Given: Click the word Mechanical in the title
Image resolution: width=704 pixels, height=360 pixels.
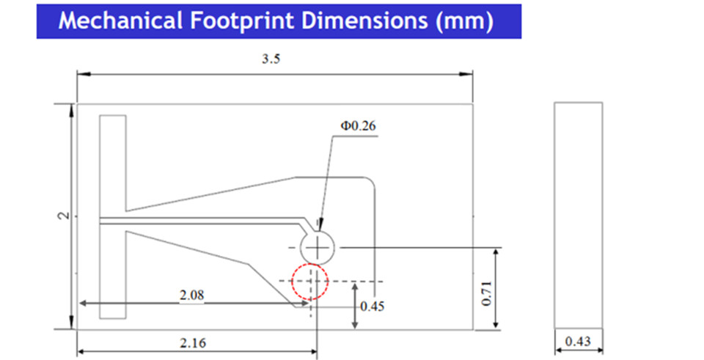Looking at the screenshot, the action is pos(120,21).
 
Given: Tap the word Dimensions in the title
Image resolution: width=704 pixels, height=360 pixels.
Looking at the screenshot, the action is pos(364,21).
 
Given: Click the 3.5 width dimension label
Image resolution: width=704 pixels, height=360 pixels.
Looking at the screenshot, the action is pos(271,59).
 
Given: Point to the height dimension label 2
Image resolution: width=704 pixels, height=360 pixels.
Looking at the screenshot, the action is pos(65,216).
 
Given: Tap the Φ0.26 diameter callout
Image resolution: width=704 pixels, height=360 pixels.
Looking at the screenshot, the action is pos(358,126).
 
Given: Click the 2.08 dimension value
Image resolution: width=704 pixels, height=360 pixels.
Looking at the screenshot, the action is pos(191,295).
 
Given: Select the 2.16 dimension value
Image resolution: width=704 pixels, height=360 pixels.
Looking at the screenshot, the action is pos(193,343).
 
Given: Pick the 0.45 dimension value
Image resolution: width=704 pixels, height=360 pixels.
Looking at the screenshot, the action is pos(373,306).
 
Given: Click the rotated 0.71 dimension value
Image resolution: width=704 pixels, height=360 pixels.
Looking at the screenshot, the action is pos(487,293).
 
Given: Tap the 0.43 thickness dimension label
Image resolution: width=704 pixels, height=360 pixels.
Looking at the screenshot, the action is pos(578,342).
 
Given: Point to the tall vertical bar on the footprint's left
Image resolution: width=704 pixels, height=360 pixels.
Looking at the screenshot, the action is pos(113,217).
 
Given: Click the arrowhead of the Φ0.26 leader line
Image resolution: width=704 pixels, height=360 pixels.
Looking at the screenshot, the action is pos(320,227).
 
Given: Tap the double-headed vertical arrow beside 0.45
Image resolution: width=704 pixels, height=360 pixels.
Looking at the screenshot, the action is pos(355,306).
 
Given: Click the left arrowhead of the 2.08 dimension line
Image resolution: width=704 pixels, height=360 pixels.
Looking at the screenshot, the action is pos(83,304).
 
